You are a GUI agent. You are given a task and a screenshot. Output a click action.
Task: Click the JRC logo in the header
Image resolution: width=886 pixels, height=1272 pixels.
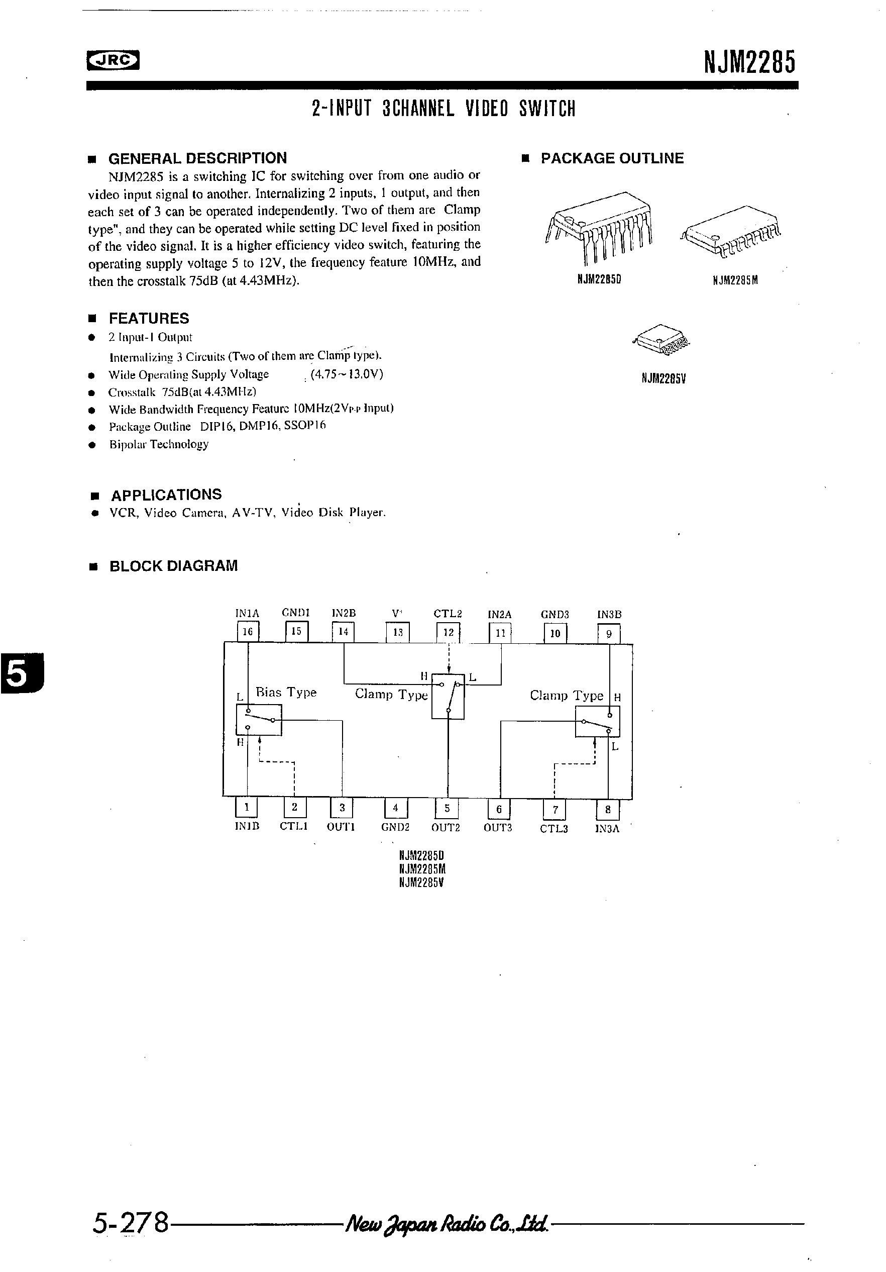click(113, 61)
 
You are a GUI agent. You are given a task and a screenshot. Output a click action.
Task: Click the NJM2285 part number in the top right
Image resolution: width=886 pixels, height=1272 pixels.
click(749, 61)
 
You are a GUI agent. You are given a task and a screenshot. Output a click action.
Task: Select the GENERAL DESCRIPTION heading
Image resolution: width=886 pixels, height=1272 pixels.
click(197, 158)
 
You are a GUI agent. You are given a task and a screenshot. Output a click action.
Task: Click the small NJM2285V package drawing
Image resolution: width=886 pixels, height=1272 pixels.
click(661, 338)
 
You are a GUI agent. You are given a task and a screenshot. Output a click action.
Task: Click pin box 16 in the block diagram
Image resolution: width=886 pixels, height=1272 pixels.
click(248, 632)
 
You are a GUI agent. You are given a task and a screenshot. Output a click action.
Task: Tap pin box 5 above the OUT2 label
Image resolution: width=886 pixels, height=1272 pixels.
click(447, 808)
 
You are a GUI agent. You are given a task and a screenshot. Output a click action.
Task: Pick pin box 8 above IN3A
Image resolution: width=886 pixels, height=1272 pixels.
click(607, 810)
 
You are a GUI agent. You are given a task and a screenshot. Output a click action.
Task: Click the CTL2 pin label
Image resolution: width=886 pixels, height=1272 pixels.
click(448, 614)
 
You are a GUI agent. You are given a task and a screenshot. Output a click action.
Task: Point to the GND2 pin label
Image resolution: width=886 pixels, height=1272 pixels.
click(395, 827)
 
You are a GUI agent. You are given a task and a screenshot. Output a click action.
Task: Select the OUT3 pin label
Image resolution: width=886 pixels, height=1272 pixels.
click(498, 828)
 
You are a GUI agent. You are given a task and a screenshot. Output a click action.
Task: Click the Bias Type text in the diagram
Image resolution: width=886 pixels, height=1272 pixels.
click(286, 693)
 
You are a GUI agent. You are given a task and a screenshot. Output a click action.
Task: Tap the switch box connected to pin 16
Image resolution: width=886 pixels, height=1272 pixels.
click(259, 720)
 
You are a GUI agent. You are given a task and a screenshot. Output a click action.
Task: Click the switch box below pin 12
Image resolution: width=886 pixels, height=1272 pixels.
click(448, 697)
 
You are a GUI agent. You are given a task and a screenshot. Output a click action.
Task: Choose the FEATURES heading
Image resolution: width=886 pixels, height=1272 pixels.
click(148, 319)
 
